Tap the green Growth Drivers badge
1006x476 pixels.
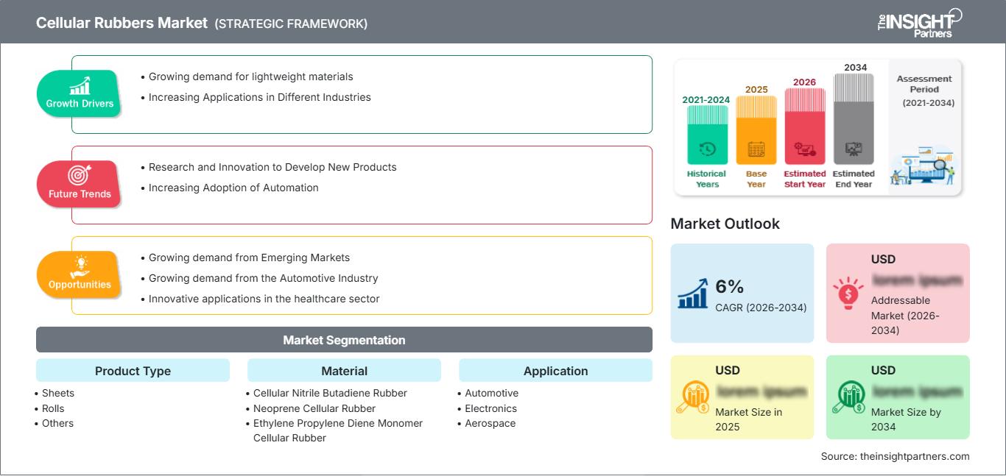point(80,93)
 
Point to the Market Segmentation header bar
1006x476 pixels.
point(344,340)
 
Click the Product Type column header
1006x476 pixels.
point(133,371)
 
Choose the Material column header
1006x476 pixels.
point(344,371)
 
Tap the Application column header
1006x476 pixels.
point(555,371)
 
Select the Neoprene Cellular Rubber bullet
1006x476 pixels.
point(314,408)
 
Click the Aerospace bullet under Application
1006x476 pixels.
point(490,423)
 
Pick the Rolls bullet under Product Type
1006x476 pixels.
point(53,408)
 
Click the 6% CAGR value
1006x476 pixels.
point(729,287)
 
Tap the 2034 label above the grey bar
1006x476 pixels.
point(855,68)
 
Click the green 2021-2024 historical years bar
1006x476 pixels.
point(707,135)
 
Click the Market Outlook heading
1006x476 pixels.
point(725,224)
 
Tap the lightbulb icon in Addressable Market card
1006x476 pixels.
point(848,293)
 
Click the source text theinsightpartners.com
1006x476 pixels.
point(895,456)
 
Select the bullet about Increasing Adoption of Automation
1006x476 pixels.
point(233,188)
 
